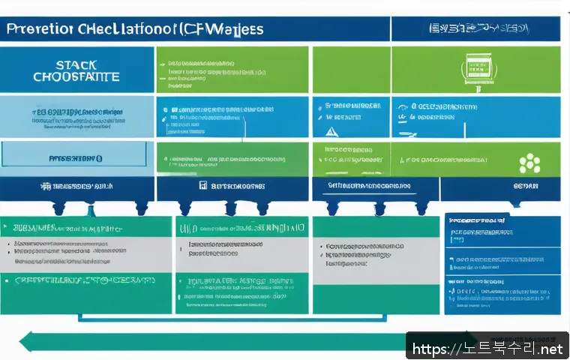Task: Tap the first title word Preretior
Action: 39,29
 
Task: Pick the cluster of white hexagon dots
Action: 529,162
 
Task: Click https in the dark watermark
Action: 430,349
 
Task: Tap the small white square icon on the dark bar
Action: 202,184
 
